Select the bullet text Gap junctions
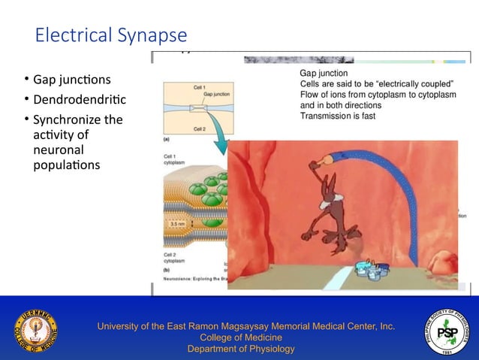71,80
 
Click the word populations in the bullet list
66,164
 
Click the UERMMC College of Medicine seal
35,328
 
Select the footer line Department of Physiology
240,349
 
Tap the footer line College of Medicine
240,337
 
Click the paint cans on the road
372,268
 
